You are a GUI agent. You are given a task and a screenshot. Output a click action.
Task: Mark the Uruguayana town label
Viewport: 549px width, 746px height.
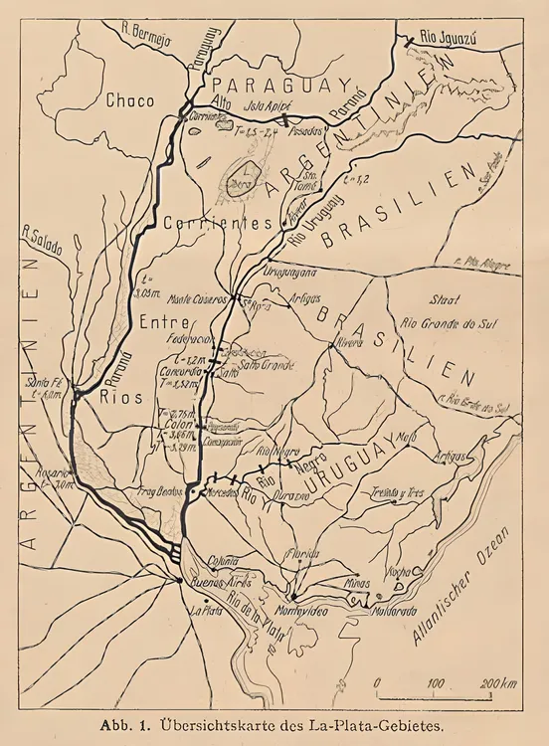click(289, 270)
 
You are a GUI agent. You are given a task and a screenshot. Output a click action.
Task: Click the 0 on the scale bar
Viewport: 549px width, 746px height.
click(378, 682)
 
